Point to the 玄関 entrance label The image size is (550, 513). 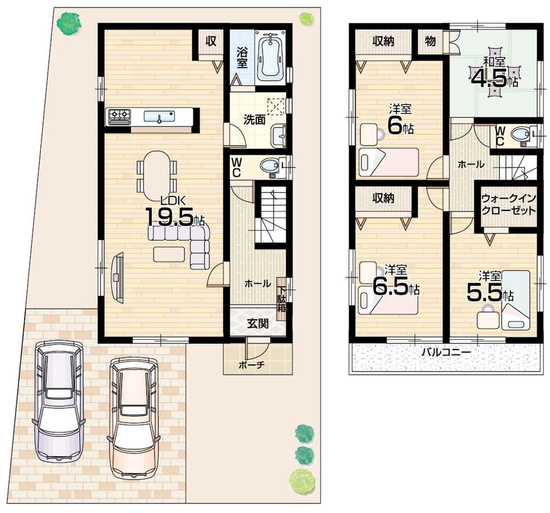tap(256, 324)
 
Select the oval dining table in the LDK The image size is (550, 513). tap(157, 176)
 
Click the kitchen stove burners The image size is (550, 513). tap(119, 116)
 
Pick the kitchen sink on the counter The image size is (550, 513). tap(159, 116)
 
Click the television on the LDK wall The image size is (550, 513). tap(117, 276)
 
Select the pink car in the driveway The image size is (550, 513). tap(133, 417)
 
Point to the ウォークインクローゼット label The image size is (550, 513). tap(508, 204)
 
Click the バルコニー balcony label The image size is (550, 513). tap(446, 352)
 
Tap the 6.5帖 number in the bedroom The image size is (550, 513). tap(395, 285)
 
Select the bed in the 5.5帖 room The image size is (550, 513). tap(516, 300)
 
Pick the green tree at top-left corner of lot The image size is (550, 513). tap(69, 24)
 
